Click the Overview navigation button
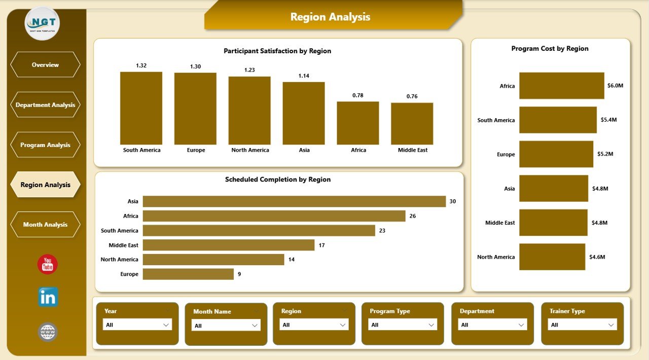coord(45,65)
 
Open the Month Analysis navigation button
coord(45,225)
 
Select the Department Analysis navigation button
coord(45,105)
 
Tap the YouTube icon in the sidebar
coord(48,265)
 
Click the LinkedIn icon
coord(48,297)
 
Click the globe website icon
coord(48,332)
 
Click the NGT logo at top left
coord(42,23)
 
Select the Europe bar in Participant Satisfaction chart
coord(195,109)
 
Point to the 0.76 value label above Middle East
coord(412,96)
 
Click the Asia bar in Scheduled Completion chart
coord(294,201)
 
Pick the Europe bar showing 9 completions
coord(188,274)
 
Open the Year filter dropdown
coord(137,325)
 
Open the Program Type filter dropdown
coord(403,325)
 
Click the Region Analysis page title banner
coord(331,17)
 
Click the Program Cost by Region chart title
coord(550,49)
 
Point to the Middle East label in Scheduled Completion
coord(123,245)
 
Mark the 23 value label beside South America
coord(382,231)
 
